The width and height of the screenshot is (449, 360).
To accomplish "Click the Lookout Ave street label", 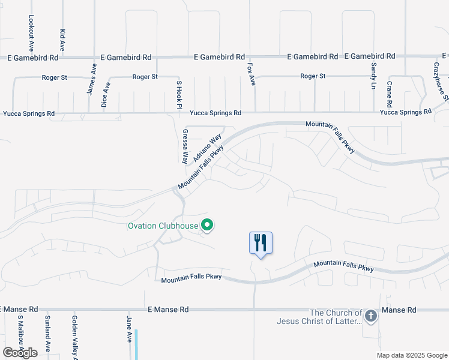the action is [x=31, y=34].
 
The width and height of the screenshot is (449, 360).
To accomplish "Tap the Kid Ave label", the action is [x=62, y=38].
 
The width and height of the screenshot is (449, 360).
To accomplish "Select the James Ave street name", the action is [x=91, y=80].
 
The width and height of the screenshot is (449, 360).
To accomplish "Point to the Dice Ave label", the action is [x=106, y=94].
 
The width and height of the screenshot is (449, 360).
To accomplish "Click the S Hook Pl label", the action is [x=178, y=94].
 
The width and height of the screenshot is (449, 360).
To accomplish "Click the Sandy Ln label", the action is [x=373, y=76].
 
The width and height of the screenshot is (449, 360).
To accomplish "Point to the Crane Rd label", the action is [x=390, y=93].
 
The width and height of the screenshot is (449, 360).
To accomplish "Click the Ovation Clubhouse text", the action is [x=163, y=226].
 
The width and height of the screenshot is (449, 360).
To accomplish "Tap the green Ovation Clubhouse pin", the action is [x=208, y=226].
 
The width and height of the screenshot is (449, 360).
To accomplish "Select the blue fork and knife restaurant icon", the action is [x=261, y=243].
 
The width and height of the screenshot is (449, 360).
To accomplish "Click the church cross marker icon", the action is [x=371, y=316].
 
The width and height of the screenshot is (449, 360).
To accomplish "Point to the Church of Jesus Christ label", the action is [x=319, y=317].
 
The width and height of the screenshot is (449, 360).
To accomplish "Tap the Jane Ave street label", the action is [x=129, y=329].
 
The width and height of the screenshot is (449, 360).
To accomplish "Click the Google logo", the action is [x=20, y=353].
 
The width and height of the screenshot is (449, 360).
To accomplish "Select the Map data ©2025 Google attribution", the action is [x=411, y=355].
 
